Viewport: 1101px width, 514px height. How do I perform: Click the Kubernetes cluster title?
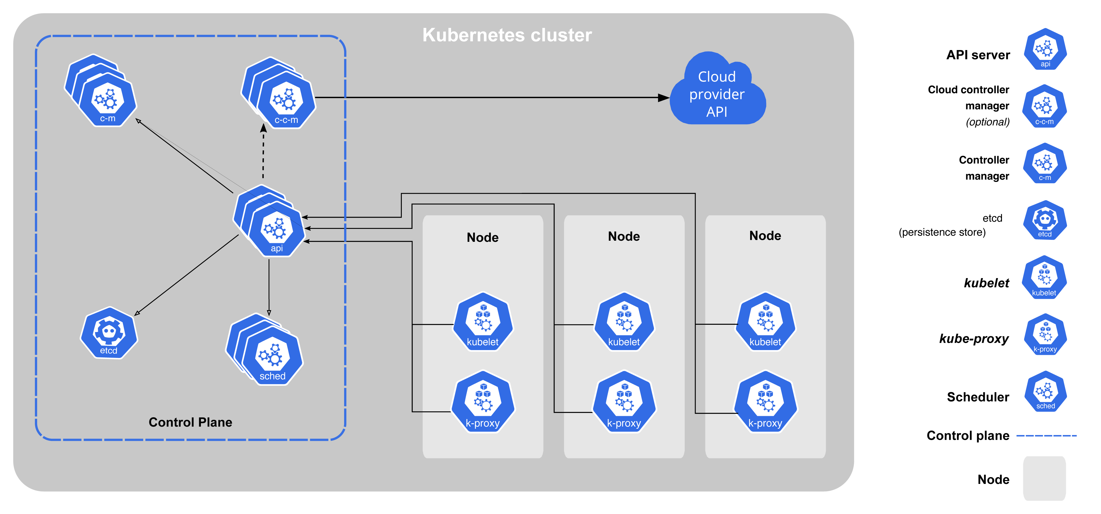click(x=507, y=35)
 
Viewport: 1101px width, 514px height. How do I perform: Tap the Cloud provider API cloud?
click(x=717, y=94)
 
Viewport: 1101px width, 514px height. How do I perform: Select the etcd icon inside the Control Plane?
click(x=109, y=333)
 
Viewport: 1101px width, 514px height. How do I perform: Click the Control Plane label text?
click(x=190, y=422)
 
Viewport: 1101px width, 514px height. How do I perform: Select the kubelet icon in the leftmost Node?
click(x=483, y=323)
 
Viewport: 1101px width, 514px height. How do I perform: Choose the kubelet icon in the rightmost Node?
click(x=765, y=323)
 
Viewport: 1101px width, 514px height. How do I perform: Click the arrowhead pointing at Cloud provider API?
click(x=663, y=98)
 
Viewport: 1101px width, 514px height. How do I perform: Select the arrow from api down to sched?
click(x=269, y=286)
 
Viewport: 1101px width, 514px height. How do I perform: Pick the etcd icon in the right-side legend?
click(x=1045, y=220)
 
